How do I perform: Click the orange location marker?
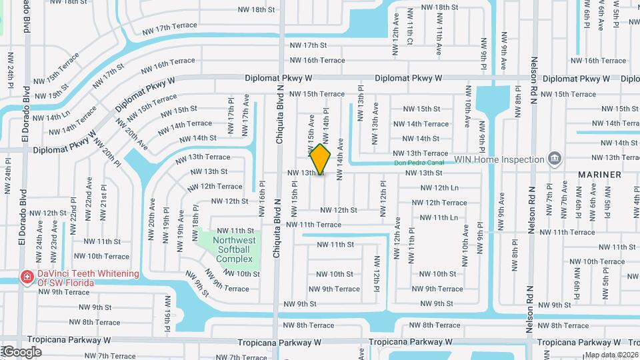(x=320, y=159)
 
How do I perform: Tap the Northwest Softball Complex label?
(x=234, y=249)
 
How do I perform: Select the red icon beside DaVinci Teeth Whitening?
(x=26, y=277)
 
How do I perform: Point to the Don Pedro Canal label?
(x=419, y=162)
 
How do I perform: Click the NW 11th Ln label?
(x=437, y=217)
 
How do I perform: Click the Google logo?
(x=21, y=352)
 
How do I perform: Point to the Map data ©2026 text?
(x=611, y=355)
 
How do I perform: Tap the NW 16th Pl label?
(x=262, y=198)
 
